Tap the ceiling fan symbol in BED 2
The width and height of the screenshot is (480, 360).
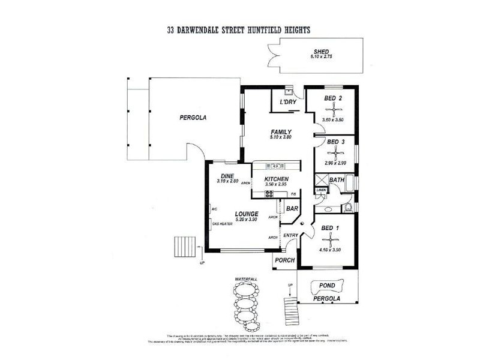332,109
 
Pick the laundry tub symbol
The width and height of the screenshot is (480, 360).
289,92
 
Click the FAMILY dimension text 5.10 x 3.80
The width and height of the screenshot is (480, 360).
280,137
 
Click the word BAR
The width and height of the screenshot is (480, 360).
292,209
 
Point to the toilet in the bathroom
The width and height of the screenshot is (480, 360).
348,208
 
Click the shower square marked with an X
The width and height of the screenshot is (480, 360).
321,180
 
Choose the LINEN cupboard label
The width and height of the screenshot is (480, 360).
321,190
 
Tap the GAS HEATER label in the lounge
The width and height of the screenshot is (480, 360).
222,224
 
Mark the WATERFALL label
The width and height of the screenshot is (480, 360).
246,280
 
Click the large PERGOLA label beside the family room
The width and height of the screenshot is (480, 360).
193,118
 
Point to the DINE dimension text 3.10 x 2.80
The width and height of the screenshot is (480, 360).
228,181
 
